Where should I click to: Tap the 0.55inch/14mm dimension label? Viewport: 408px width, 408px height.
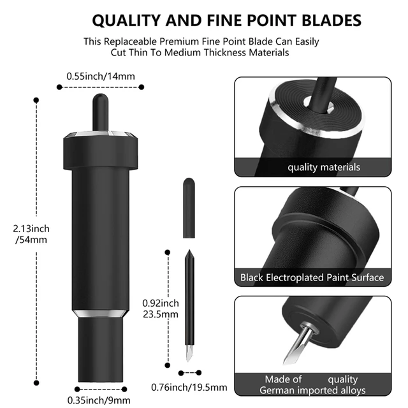tap(100, 76)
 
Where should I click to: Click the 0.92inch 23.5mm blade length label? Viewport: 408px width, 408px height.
tap(161, 309)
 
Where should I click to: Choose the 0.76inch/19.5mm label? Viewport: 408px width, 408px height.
tap(189, 386)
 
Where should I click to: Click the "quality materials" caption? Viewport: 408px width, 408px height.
tap(323, 167)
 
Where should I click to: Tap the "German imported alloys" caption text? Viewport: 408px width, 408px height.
tap(312, 390)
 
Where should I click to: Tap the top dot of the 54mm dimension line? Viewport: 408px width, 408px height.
tap(33, 99)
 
